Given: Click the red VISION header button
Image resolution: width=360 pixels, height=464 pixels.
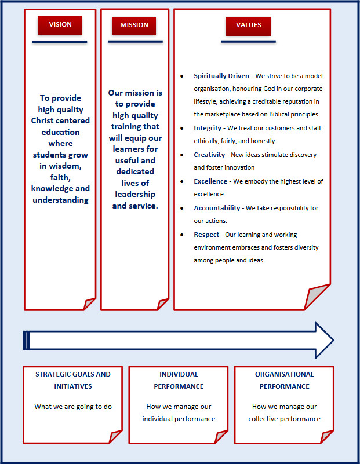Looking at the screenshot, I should pyautogui.click(x=60, y=25).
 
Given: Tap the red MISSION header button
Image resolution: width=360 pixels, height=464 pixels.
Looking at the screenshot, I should pyautogui.click(x=134, y=25).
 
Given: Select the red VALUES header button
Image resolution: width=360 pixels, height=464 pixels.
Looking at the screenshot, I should pyautogui.click(x=248, y=25).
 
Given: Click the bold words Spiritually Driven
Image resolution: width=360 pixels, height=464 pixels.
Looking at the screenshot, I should pyautogui.click(x=221, y=76).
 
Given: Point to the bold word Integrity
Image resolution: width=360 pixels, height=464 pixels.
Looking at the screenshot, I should pyautogui.click(x=208, y=128).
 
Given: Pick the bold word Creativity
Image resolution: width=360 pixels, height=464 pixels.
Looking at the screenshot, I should pyautogui.click(x=210, y=155).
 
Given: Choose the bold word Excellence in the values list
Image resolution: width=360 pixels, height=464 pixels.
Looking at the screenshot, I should pyautogui.click(x=210, y=181).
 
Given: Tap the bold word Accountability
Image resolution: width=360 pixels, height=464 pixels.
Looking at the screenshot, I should pyautogui.click(x=217, y=208).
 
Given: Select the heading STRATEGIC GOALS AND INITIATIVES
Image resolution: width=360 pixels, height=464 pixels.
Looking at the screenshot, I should pyautogui.click(x=72, y=380).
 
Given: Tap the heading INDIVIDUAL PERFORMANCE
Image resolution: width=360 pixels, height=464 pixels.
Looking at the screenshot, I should pyautogui.click(x=179, y=380).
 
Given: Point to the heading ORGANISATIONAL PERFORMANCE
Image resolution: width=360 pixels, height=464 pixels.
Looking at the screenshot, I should pyautogui.click(x=284, y=380).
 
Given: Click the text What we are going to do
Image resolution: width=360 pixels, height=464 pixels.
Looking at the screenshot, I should pyautogui.click(x=73, y=407).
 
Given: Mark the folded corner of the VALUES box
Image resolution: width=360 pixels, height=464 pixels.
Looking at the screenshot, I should pyautogui.click(x=317, y=298).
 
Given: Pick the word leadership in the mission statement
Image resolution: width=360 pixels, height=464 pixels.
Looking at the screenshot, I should pyautogui.click(x=135, y=194).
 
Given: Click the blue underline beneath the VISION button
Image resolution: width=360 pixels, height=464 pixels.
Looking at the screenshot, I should pyautogui.click(x=60, y=42).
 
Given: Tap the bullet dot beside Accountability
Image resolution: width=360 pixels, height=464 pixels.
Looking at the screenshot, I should pyautogui.click(x=182, y=209).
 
